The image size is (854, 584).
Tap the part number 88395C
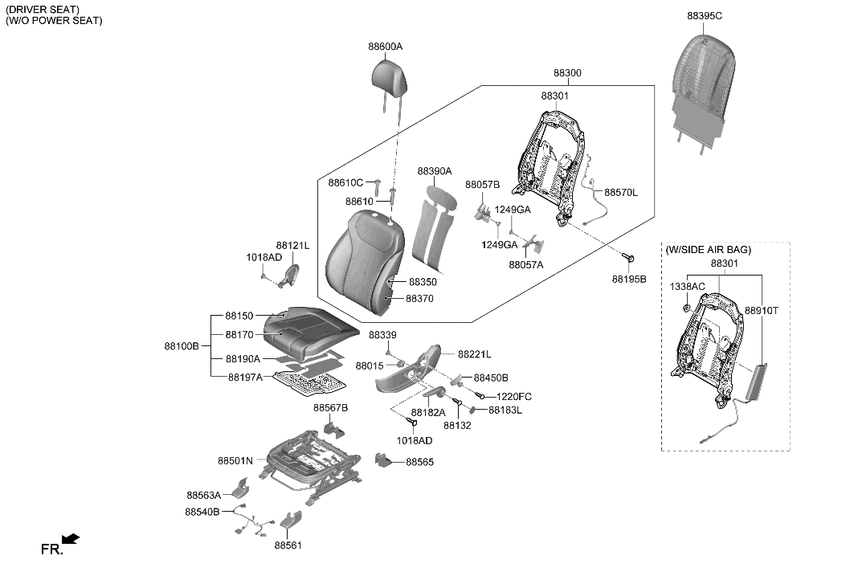click(705, 15)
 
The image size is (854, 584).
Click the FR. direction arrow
click(71, 538)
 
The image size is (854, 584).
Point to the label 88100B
click(181, 345)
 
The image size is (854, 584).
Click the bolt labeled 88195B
click(629, 258)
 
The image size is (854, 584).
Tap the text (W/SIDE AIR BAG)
click(707, 250)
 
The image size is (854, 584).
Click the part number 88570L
click(621, 193)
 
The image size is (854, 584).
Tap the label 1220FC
click(514, 397)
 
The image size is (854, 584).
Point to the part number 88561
click(288, 545)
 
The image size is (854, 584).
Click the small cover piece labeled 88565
click(385, 462)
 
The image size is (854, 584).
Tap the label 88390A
click(435, 171)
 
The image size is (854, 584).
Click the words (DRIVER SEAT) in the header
click(42, 9)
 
